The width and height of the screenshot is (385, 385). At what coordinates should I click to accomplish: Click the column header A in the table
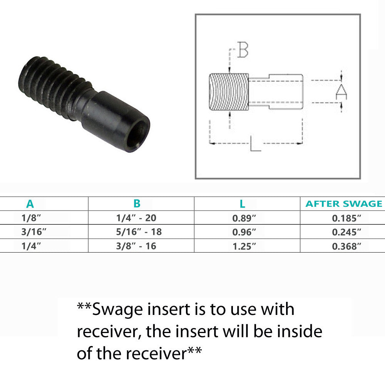[x=30, y=204]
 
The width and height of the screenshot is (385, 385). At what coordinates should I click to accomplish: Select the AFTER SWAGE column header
[x=344, y=204]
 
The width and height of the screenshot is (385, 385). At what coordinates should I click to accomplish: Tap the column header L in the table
[x=242, y=204]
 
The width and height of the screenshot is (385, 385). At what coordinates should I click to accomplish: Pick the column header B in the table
[x=137, y=204]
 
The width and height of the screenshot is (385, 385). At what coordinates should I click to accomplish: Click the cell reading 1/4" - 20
[x=136, y=218]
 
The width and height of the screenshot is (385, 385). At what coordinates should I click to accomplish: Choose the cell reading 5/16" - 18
[x=139, y=232]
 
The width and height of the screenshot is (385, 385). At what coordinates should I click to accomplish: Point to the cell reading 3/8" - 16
[x=136, y=246]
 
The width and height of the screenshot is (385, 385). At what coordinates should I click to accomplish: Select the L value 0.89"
[x=244, y=218]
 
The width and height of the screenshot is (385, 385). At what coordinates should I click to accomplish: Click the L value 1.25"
[x=244, y=246]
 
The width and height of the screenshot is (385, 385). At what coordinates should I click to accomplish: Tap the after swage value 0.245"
[x=346, y=232]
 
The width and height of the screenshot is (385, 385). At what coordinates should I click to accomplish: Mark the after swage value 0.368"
[x=346, y=246]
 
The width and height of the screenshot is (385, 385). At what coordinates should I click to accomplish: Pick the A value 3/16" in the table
[x=33, y=232]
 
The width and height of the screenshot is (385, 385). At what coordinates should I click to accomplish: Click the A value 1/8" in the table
[x=31, y=218]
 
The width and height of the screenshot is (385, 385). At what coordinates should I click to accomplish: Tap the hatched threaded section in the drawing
[x=229, y=92]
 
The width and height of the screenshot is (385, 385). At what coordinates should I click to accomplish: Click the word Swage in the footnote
[x=117, y=310]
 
